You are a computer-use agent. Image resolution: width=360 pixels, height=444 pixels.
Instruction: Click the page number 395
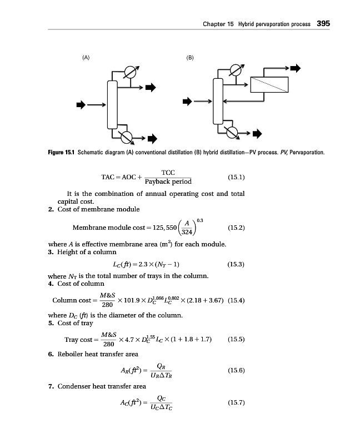coord(323,24)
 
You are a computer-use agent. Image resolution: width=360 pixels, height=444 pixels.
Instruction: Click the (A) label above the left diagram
coord(86,57)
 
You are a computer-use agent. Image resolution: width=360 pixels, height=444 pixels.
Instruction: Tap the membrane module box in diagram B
coord(269,85)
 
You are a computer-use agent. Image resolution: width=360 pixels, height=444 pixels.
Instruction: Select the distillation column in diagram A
coord(112,104)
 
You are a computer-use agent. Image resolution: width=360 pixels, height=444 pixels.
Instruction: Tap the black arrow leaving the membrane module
coord(296,68)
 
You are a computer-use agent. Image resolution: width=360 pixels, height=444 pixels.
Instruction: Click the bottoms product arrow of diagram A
coord(152,138)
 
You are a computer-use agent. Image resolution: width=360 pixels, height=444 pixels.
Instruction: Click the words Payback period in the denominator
coord(168,181)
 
